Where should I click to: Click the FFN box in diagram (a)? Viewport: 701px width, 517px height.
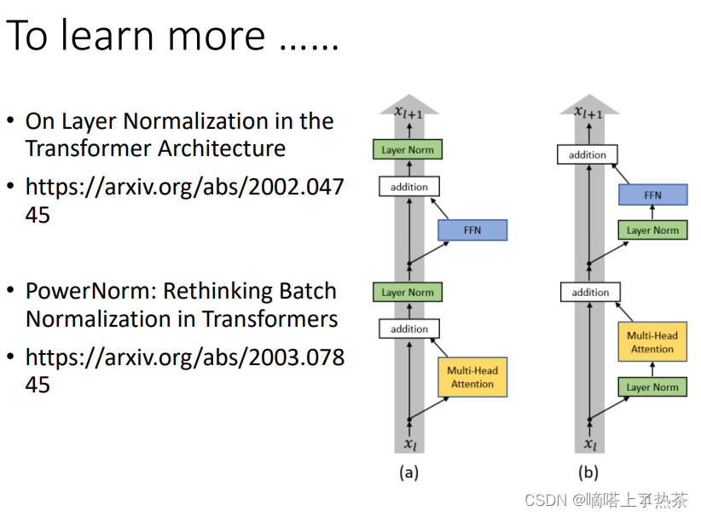[x=472, y=229]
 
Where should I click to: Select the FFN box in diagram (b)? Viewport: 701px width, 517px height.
[x=652, y=195]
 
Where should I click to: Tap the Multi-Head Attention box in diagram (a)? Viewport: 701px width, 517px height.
[x=472, y=377]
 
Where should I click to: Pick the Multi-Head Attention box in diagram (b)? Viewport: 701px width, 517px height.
[x=652, y=342]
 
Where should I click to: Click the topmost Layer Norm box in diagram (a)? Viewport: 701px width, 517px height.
[x=408, y=150]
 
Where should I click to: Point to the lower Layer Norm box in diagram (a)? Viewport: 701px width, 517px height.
[x=408, y=293]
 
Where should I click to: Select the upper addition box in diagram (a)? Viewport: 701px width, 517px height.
[x=408, y=186]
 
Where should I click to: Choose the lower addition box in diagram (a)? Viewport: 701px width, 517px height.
[x=408, y=328]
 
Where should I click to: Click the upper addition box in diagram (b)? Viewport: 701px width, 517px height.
[x=588, y=154]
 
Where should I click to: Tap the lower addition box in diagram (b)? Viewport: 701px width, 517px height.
[x=590, y=292]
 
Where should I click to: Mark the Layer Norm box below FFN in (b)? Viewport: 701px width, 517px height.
[x=652, y=230]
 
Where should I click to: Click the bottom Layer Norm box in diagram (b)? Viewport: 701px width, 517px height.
[x=652, y=387]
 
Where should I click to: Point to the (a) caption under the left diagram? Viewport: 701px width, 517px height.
[x=408, y=473]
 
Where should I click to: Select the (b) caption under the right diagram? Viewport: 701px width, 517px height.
[x=588, y=473]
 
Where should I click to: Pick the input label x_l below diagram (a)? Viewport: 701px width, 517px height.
[x=409, y=443]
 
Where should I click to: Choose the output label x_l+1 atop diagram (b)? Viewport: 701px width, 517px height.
[x=588, y=112]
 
